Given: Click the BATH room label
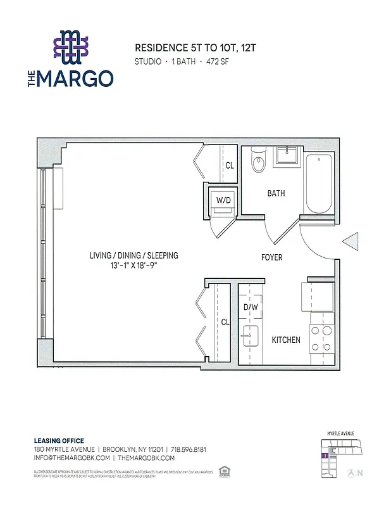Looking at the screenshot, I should click(276, 193).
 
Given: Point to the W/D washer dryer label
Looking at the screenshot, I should click(223, 200).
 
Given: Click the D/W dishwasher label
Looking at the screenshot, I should click(250, 308).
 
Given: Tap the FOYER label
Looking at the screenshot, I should click(272, 257).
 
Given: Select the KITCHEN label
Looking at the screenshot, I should click(286, 340).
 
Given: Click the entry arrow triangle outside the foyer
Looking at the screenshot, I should click(351, 243).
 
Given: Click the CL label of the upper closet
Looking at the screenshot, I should click(229, 165).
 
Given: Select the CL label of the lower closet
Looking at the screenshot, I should click(225, 322).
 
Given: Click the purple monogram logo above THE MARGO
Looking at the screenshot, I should click(71, 48).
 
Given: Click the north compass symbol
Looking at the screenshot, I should click(353, 472).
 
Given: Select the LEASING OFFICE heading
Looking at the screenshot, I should click(58, 440).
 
